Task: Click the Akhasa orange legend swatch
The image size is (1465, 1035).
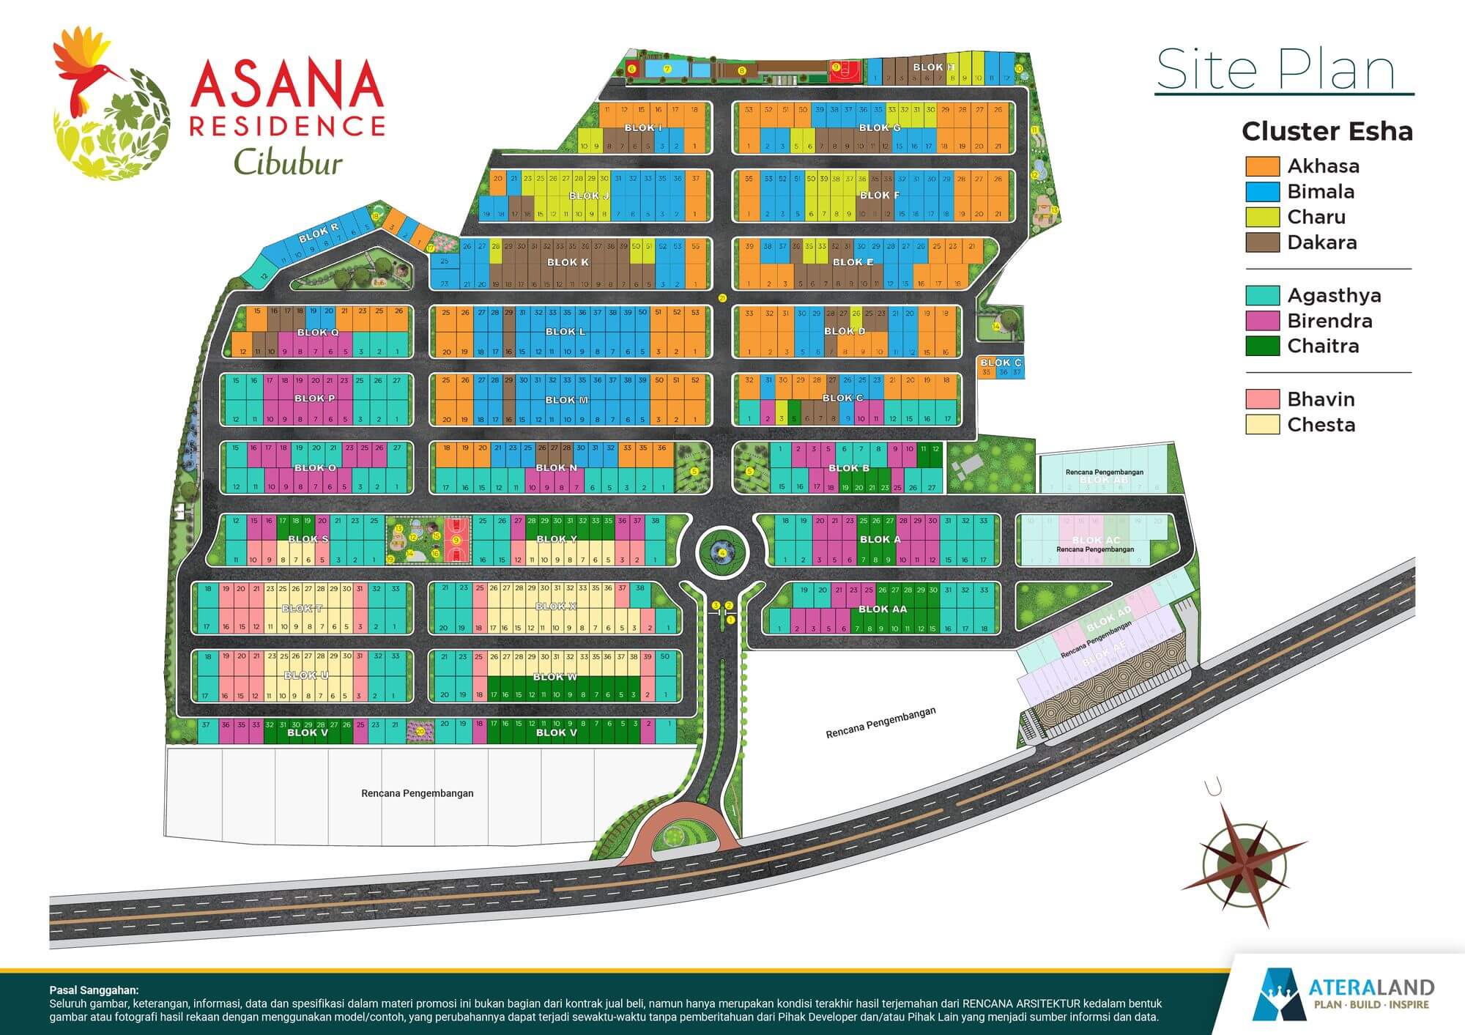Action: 1262,166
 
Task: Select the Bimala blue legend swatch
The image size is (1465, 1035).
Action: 1262,192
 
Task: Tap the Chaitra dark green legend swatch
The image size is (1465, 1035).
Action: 1262,346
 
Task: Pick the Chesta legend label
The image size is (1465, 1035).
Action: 1321,425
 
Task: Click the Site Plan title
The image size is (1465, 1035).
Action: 1275,70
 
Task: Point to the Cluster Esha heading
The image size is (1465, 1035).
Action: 1327,132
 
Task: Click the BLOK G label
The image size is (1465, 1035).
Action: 880,127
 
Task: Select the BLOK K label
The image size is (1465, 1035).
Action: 568,262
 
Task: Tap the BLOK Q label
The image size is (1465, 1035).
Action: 318,333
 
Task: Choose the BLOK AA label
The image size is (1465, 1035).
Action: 882,609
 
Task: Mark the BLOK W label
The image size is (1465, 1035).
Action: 555,677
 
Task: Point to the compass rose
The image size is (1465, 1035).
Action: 1245,864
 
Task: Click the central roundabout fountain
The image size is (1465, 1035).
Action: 722,553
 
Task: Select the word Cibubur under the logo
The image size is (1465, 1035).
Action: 288,163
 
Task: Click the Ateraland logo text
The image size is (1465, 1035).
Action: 1371,989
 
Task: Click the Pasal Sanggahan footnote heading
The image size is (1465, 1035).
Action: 93,990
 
